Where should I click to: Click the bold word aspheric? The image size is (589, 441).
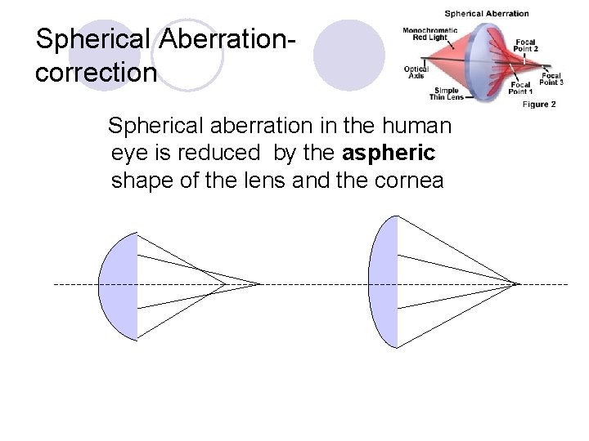point(390,153)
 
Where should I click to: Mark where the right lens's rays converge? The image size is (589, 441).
point(518,284)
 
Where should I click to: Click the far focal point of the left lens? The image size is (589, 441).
point(260,284)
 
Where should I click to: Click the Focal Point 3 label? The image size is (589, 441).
point(551,79)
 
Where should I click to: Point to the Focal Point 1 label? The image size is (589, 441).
point(521,87)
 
